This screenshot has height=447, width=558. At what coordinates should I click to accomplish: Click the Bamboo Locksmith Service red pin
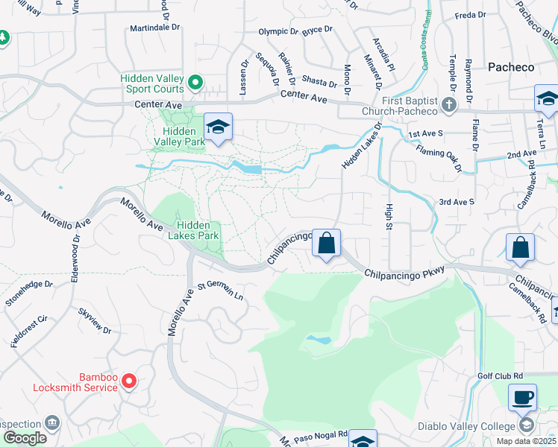(x=128, y=381)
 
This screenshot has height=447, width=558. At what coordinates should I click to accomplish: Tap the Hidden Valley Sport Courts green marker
(x=195, y=82)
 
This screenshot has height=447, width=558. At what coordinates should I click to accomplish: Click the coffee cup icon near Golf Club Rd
(x=522, y=396)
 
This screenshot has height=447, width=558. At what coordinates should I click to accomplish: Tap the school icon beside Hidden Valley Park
(x=218, y=127)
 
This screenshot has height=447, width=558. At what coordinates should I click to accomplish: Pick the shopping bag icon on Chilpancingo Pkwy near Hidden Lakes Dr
(x=326, y=243)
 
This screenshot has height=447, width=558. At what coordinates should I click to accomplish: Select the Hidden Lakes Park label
(x=198, y=230)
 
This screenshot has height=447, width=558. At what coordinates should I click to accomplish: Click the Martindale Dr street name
(x=154, y=28)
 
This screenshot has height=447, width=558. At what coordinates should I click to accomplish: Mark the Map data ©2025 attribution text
(x=525, y=441)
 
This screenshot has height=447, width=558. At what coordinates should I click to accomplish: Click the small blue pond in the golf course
(x=319, y=340)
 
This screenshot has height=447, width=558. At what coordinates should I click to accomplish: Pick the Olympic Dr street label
(x=278, y=32)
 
